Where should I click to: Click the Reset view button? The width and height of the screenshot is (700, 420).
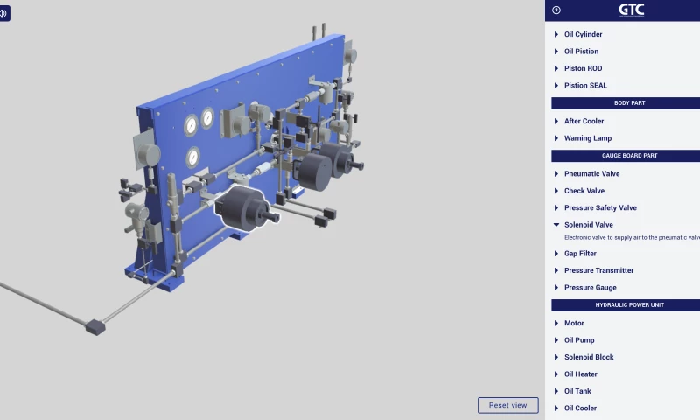507,405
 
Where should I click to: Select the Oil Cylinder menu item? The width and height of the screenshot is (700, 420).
583,34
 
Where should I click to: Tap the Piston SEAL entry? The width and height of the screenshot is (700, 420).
585,85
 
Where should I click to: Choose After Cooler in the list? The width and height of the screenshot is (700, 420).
584,121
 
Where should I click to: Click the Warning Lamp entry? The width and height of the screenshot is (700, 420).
587,138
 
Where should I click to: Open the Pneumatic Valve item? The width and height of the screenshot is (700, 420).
591,173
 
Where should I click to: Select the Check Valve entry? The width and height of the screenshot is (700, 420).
584,191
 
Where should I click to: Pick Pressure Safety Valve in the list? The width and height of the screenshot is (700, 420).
600,207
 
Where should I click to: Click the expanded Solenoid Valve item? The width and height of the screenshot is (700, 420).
588,225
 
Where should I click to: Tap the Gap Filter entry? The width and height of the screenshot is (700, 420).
580,253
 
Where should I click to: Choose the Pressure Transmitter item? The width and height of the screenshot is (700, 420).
598,270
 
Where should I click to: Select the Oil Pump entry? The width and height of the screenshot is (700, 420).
580,340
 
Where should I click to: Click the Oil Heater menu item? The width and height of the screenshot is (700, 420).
581,374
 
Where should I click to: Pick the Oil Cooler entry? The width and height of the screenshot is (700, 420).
581,408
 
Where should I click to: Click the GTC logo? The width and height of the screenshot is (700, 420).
631,10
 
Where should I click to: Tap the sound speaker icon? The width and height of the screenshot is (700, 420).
4,13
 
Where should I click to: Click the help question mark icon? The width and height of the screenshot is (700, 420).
556,10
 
